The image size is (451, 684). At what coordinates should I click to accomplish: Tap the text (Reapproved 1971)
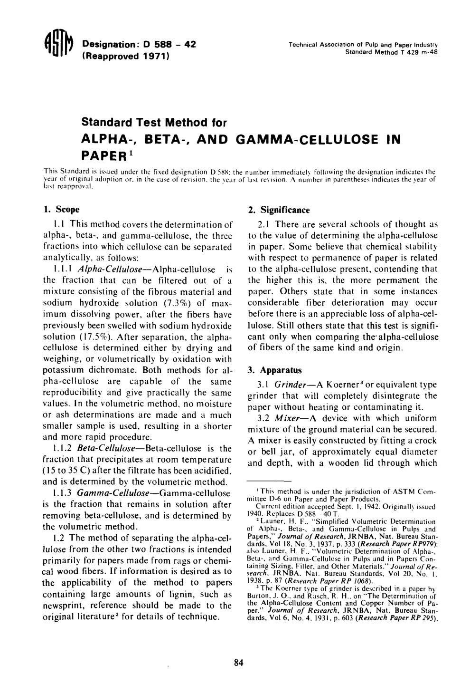(x=126, y=56)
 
